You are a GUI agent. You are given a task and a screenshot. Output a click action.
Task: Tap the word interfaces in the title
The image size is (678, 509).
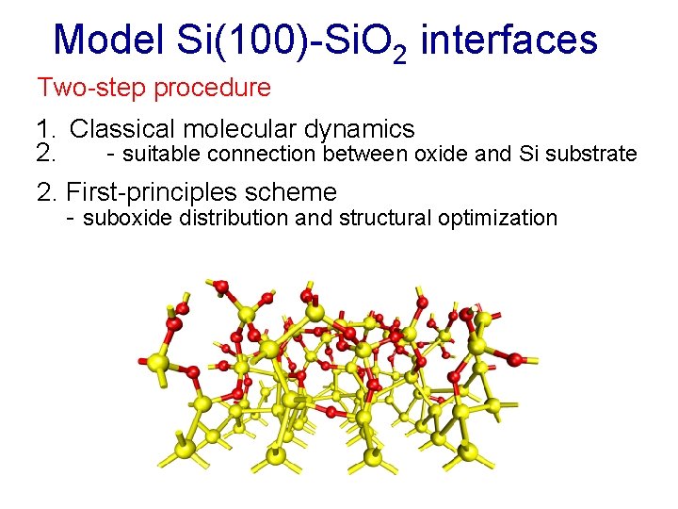508,41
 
